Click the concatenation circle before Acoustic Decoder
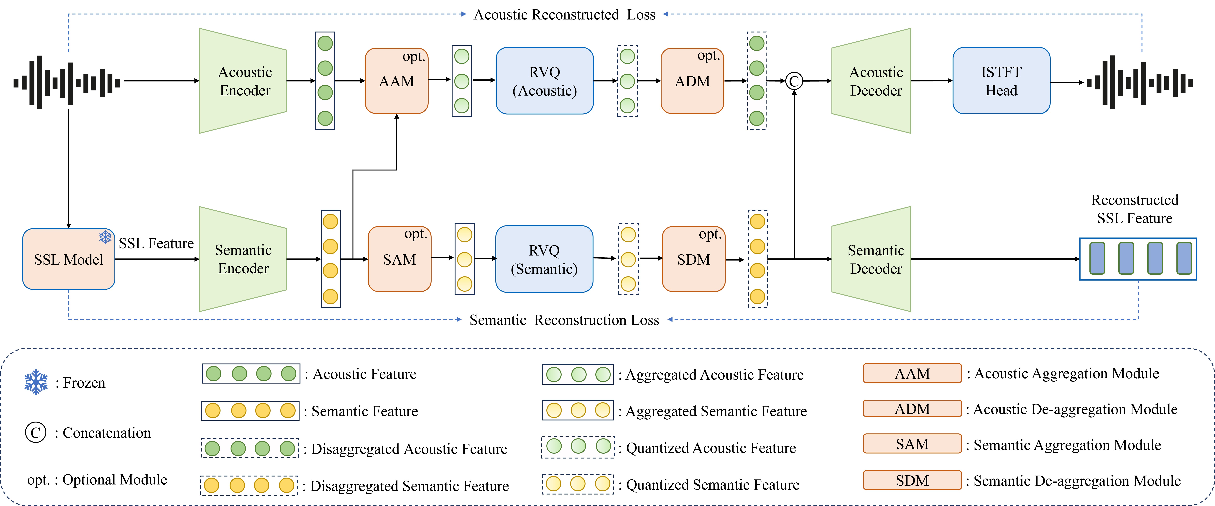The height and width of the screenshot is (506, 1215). (x=794, y=81)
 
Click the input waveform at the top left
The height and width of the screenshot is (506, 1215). (x=67, y=83)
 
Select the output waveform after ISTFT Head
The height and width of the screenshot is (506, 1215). (x=1140, y=83)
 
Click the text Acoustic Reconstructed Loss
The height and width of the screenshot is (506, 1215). (x=564, y=15)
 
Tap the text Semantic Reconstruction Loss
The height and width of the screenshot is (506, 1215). (x=564, y=320)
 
